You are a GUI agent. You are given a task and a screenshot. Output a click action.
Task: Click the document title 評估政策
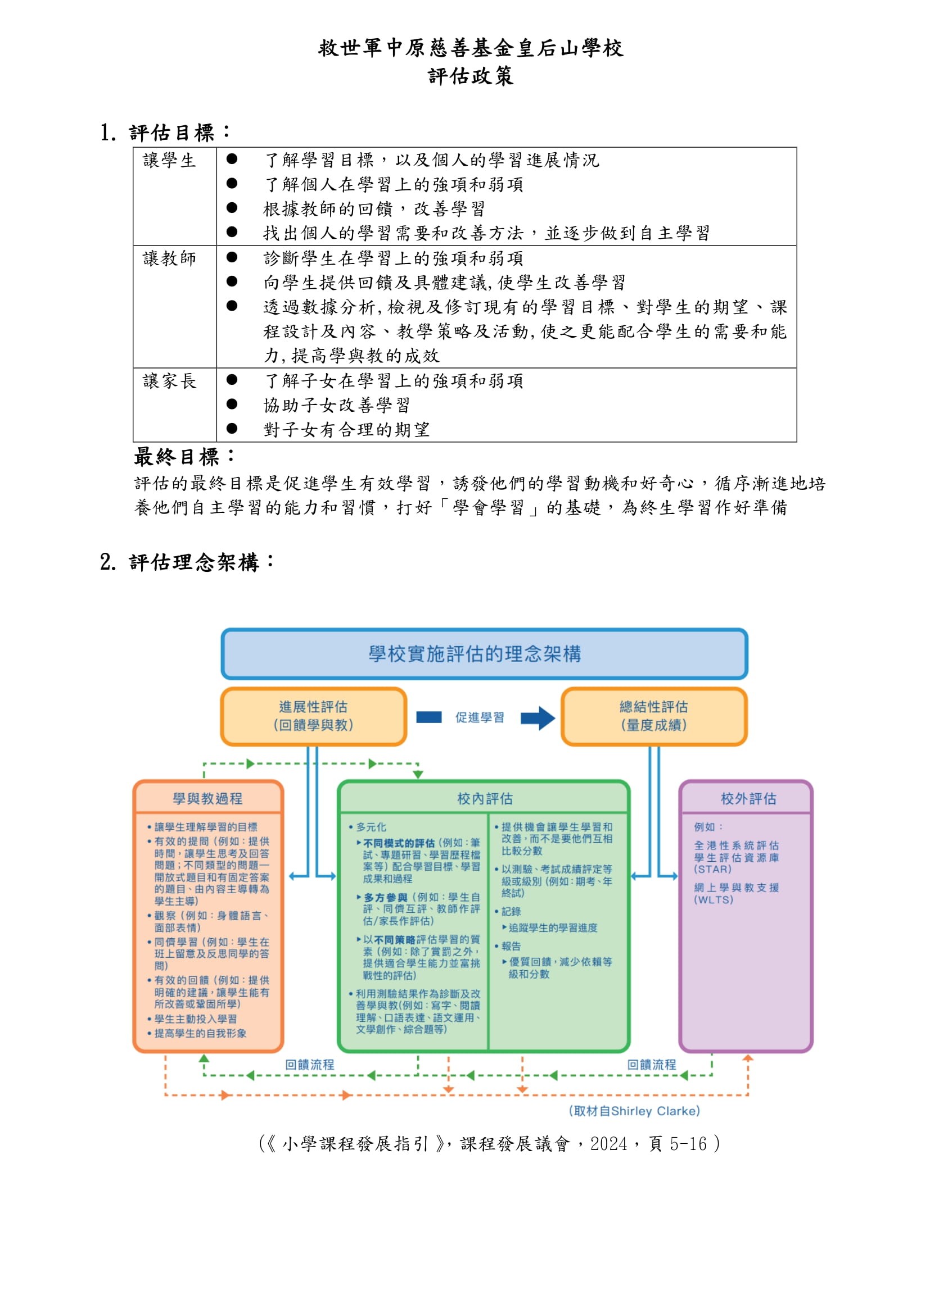tap(470, 76)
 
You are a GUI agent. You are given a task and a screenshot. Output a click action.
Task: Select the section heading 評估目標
tap(172, 133)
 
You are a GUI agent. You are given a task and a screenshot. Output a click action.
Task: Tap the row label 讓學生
tap(169, 160)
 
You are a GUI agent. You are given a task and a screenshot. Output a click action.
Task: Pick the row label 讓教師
tap(169, 258)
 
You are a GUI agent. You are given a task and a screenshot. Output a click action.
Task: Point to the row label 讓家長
tap(169, 381)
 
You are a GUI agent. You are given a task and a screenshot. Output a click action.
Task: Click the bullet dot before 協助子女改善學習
tap(232, 404)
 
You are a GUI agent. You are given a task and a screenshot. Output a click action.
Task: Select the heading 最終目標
tap(177, 457)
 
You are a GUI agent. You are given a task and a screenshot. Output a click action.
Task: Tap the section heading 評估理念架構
tap(194, 562)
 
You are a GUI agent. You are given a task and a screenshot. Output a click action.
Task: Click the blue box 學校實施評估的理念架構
tap(484, 653)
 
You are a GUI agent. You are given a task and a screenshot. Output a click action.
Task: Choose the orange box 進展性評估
tap(313, 716)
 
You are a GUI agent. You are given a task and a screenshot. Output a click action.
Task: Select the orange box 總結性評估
tap(653, 716)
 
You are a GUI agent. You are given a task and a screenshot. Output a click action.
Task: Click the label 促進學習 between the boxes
tap(479, 717)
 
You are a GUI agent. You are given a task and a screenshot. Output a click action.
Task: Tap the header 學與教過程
tap(208, 798)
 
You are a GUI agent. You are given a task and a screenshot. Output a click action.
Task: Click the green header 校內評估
tap(485, 798)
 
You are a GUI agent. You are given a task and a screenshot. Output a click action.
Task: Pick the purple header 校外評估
tap(748, 798)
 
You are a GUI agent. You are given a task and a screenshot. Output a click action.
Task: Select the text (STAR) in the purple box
tap(712, 869)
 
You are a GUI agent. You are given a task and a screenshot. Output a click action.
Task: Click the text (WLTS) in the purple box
tap(714, 899)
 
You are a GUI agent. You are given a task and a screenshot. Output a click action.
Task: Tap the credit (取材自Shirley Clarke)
tap(634, 1111)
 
